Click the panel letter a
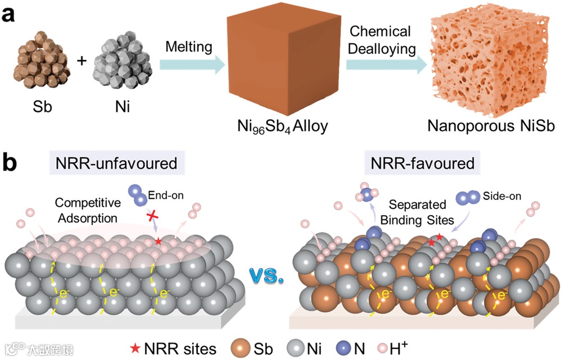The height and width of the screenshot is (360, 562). click(12, 15)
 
